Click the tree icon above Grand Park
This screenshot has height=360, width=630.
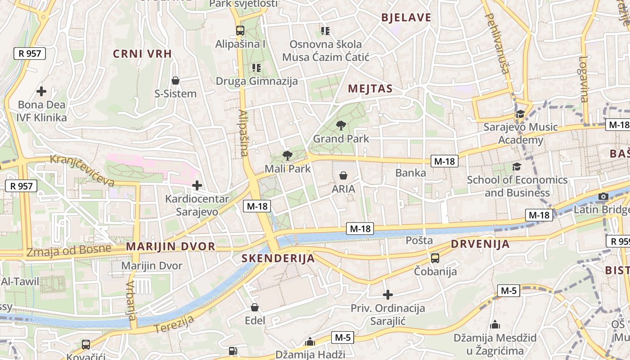pos(341,125)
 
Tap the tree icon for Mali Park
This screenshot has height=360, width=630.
pos(287,156)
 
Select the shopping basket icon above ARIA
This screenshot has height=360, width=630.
pos(343,175)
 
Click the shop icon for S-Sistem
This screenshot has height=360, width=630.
pos(175,81)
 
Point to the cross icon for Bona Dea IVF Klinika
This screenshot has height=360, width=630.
pos(41,91)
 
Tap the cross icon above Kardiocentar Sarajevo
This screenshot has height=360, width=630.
pos(197,185)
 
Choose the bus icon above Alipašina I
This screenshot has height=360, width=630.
pos(240,31)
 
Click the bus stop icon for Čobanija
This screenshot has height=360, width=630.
pos(435,258)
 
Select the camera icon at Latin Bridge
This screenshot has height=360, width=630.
pos(603,196)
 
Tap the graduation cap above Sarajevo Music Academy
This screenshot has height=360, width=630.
pos(521,114)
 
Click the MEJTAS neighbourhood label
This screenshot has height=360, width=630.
pos(370,89)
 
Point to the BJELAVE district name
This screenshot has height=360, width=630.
pos(406,18)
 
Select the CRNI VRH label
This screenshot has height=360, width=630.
pos(142,54)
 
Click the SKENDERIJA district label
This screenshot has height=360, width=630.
pos(278,258)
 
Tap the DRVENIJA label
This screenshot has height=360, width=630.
pos(480,244)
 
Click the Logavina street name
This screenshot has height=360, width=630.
pos(584,79)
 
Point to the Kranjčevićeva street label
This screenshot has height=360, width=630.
pos(82,170)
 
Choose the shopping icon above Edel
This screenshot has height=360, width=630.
pos(255,307)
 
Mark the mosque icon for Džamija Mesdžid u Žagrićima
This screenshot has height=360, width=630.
pos(495,324)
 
